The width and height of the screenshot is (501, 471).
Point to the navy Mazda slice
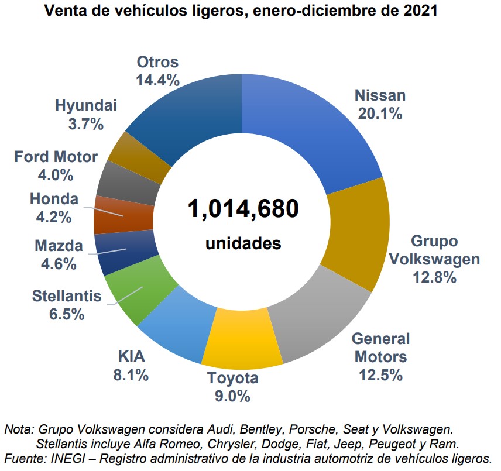[126, 252]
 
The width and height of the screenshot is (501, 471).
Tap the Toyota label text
[232, 378]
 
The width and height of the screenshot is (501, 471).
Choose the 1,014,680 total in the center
[243, 209]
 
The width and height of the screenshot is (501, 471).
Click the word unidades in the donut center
[243, 243]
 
